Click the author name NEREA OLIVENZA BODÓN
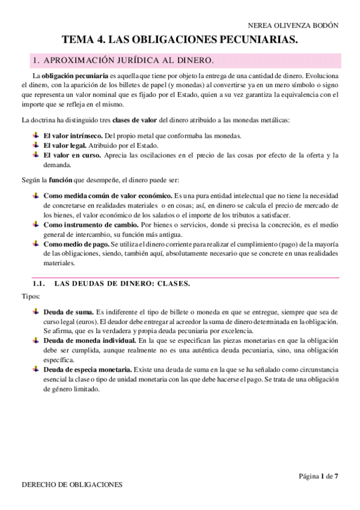click(293, 25)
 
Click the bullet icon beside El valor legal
click(36, 145)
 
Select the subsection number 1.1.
click(39, 283)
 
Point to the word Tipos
click(31, 296)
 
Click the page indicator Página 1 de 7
click(319, 476)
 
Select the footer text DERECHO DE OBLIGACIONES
click(72, 484)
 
